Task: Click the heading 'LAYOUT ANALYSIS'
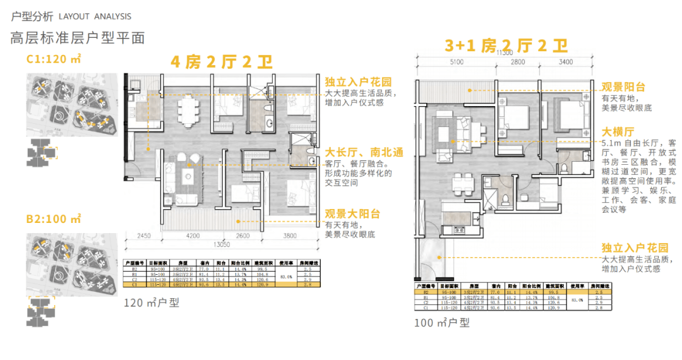(x=95, y=16)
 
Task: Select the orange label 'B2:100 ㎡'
(x=54, y=219)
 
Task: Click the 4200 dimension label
(x=193, y=237)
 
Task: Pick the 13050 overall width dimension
(x=220, y=244)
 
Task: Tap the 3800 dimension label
(x=290, y=237)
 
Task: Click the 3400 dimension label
(x=566, y=62)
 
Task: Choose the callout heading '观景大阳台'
(x=352, y=214)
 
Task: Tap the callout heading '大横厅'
(x=618, y=132)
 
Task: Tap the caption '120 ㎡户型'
(x=153, y=303)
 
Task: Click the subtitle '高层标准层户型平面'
(x=78, y=37)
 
